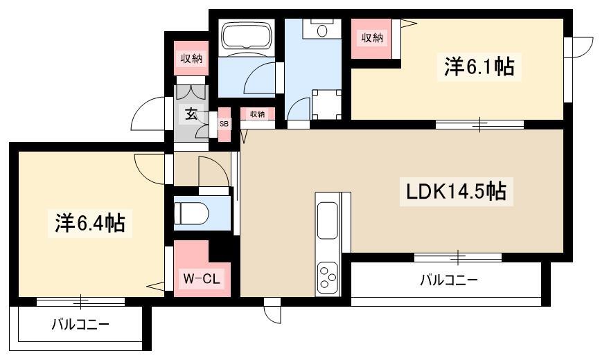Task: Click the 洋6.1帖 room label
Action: click(479, 67)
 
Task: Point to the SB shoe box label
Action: click(224, 124)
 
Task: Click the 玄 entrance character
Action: click(191, 114)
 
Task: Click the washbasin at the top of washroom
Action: click(321, 28)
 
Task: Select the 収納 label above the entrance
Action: click(192, 58)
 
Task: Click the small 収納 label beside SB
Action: click(257, 114)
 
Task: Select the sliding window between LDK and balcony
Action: click(457, 258)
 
